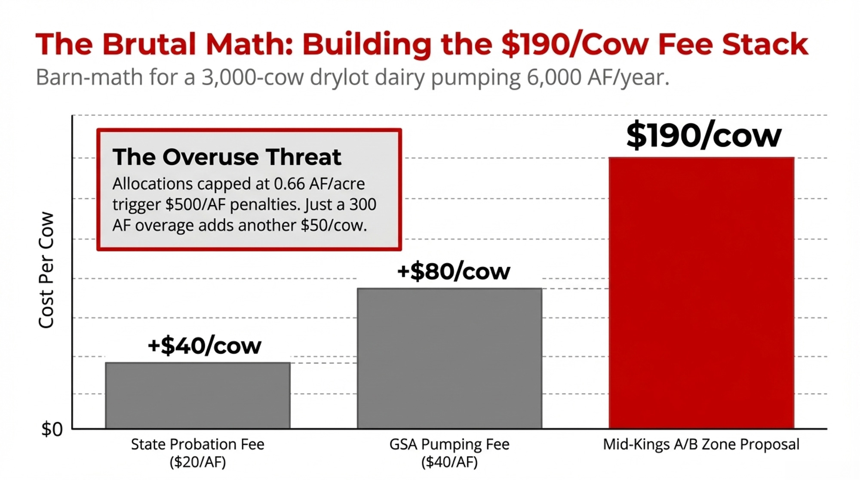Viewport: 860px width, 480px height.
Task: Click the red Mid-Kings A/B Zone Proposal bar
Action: [x=701, y=292]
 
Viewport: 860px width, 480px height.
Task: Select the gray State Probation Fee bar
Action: [x=198, y=395]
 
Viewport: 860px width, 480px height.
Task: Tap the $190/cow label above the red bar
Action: [x=703, y=135]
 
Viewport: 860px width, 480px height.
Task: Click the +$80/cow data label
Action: [x=454, y=271]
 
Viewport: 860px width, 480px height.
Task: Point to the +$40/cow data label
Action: [x=204, y=346]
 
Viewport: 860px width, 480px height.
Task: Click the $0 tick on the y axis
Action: [x=52, y=429]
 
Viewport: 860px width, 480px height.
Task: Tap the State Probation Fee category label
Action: [x=198, y=444]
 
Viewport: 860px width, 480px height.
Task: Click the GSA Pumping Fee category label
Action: [x=449, y=444]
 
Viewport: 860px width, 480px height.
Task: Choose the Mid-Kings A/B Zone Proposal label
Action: [x=701, y=444]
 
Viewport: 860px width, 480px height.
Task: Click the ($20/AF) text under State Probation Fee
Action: [x=198, y=462]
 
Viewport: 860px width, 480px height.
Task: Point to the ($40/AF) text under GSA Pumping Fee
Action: [x=449, y=462]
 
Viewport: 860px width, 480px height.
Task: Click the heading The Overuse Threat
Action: [x=227, y=157]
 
